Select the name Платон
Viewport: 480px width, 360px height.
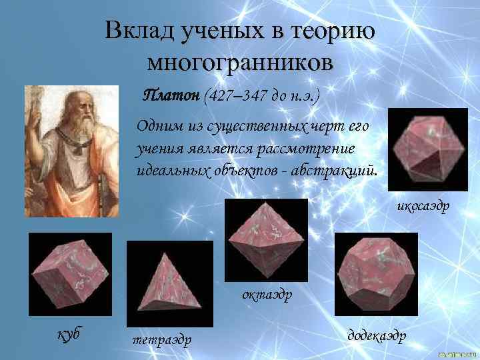[172, 95]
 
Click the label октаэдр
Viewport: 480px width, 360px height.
[267, 293]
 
